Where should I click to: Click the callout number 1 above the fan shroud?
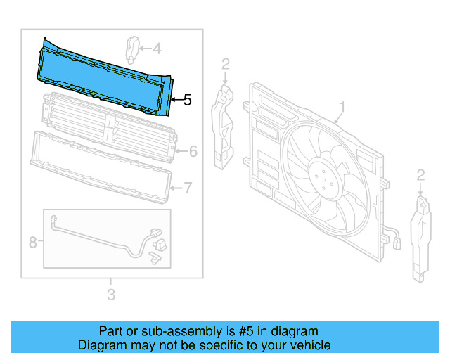coord(342,107)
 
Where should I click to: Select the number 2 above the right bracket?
coord(420,174)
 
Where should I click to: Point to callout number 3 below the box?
coord(111,295)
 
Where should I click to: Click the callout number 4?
coord(157,49)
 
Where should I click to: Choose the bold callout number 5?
coord(186,101)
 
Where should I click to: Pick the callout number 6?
coord(193,151)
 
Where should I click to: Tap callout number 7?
coord(188,187)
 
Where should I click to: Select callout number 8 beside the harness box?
coord(32,243)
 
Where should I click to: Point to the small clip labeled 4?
coord(131,49)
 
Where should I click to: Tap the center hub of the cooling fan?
coord(324,180)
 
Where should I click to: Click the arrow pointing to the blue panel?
coord(176,101)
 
